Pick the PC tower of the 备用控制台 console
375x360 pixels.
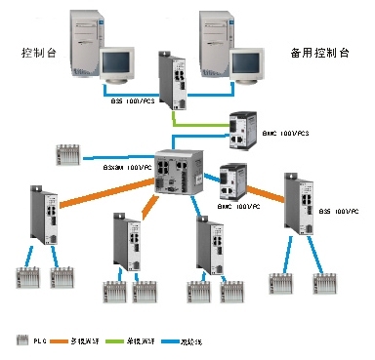[x=218, y=35]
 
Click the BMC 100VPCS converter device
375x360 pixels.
[x=241, y=125]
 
